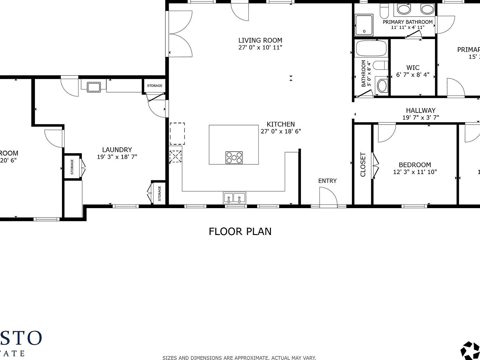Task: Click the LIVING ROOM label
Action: pos(260,40)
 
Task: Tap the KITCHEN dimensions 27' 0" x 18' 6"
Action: pos(281,131)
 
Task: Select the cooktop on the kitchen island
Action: pos(234,157)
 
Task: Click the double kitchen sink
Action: pos(234,198)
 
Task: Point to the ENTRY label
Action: pos(327,181)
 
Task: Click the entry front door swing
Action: pos(328,197)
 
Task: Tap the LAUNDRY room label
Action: pos(117,150)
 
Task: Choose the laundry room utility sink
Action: pos(94,87)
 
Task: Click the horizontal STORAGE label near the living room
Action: pos(155,86)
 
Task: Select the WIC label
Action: pos(412,67)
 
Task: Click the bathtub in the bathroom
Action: pos(372,48)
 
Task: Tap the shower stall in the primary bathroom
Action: pos(364,25)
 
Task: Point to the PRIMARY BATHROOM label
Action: pos(407,22)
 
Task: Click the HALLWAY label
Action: pos(421,110)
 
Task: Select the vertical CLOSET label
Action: pos(363,164)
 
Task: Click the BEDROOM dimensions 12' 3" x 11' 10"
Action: pos(415,172)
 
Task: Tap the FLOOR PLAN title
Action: pos(240,232)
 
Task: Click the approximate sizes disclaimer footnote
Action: pos(239,357)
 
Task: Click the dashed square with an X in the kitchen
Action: pos(175,157)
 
